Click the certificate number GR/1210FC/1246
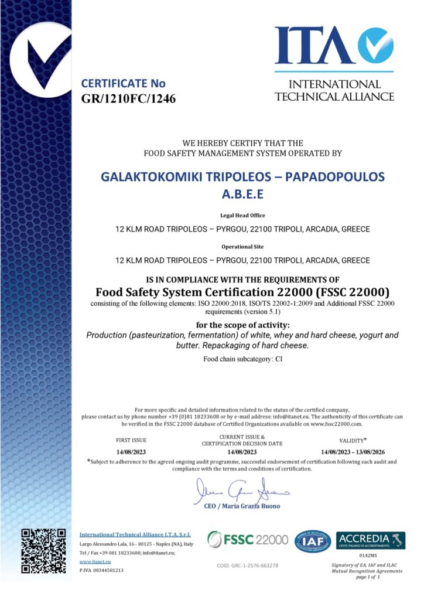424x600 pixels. tap(128, 98)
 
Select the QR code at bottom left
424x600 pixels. tap(43, 550)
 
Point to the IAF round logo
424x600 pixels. tap(312, 541)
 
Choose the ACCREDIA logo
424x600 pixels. tap(370, 540)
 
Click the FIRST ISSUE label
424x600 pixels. tap(132, 439)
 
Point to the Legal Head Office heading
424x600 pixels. tap(242, 216)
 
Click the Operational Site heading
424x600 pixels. tap(242, 247)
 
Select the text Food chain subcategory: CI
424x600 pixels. tap(242, 358)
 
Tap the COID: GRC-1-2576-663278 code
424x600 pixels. tap(248, 565)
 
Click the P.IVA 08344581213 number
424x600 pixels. tap(101, 570)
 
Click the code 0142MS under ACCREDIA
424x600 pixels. tap(370, 554)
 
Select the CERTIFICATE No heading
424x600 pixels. tap(123, 83)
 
